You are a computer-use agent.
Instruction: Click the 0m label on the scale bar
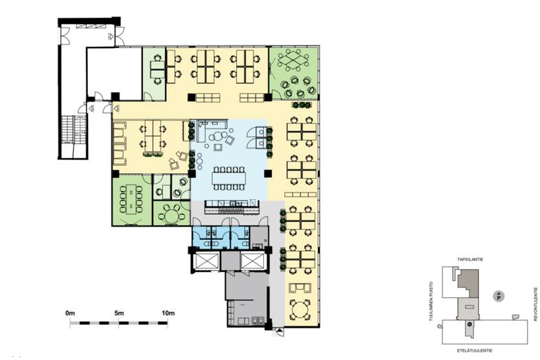[x=70, y=313]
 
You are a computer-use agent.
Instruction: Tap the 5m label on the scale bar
[x=119, y=313]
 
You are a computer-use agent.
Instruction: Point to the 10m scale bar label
[x=168, y=313]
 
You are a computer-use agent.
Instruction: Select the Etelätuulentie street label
[x=474, y=350]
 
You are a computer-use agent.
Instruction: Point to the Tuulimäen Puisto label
[x=431, y=302]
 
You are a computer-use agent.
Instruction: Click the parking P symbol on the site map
[x=498, y=296]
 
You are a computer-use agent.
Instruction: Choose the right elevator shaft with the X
[x=252, y=261]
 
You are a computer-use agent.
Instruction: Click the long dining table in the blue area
[x=229, y=178]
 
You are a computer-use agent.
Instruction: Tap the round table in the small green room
[x=171, y=216]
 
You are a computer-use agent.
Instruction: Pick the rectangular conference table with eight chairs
[x=131, y=199]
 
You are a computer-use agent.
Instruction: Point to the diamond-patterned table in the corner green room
[x=294, y=59]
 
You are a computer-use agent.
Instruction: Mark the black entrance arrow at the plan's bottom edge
[x=280, y=331]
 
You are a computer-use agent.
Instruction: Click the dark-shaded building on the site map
[x=469, y=283]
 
